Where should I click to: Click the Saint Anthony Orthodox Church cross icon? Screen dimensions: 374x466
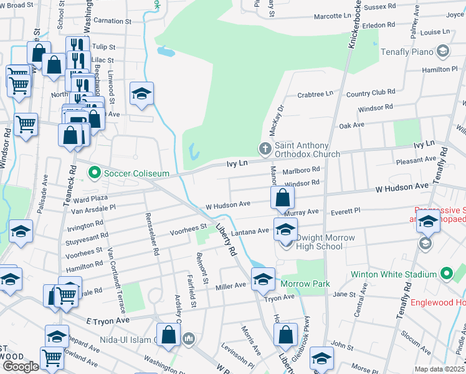pos(265,148)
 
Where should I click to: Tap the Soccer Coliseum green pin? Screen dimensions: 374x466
pos(95,171)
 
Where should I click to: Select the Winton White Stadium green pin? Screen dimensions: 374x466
pos(447,274)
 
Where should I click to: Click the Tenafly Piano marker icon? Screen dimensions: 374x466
pos(442,50)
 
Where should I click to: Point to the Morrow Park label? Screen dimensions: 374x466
pos(305,284)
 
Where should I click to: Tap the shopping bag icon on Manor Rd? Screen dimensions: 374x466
pos(283,199)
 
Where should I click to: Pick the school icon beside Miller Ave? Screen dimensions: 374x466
pos(263,279)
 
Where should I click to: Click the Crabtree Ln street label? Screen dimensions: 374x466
pos(315,94)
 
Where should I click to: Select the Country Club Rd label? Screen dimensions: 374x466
pos(371,93)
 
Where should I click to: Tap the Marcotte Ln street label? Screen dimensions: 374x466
pos(332,16)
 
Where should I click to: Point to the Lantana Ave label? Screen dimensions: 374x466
pos(250,231)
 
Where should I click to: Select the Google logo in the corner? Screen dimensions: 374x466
pos(21,366)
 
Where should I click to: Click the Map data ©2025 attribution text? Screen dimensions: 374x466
pos(439,369)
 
